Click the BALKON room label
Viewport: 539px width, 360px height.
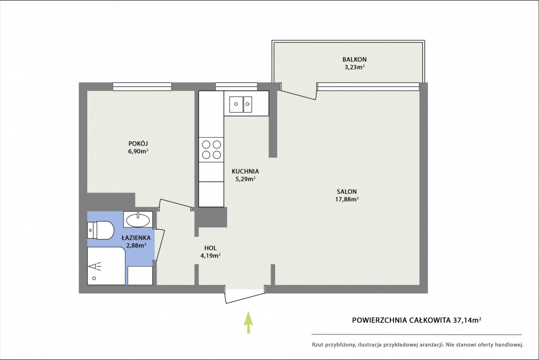coord(354,59)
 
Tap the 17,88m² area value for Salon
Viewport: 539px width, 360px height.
coord(347,199)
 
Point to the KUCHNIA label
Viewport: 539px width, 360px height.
coord(245,171)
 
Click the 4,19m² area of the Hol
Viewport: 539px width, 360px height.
coord(211,255)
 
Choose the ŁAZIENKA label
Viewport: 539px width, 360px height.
coord(136,238)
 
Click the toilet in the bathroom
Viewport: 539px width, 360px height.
coord(100,230)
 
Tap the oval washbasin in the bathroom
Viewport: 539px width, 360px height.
coord(138,220)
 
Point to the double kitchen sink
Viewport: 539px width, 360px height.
coord(241,104)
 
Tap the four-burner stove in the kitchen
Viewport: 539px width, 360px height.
coord(211,150)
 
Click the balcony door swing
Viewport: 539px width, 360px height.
coord(298,91)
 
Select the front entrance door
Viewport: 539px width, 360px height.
coord(245,294)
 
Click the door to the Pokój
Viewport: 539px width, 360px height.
coord(176,205)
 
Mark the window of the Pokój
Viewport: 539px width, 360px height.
coord(142,87)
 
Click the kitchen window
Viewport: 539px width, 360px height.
coord(236,86)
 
